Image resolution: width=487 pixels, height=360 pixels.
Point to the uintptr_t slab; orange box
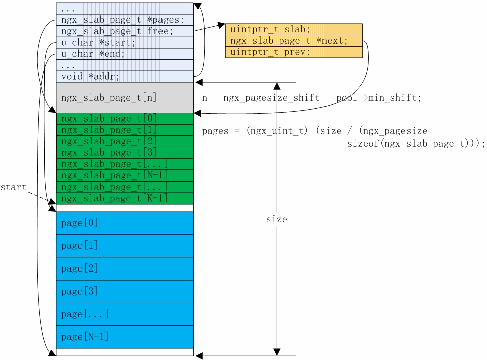tap(294, 29)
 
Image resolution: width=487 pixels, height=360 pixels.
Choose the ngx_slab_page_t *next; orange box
tap(294, 41)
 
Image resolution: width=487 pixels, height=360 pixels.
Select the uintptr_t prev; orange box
tap(294, 52)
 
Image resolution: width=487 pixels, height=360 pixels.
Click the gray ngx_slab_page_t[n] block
tap(124, 98)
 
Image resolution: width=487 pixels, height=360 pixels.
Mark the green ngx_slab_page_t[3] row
tap(124, 153)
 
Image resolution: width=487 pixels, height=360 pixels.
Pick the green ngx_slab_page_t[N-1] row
tap(124, 175)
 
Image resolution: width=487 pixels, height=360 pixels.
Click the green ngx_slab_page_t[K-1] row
tap(124, 199)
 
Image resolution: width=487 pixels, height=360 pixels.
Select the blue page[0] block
tap(124, 223)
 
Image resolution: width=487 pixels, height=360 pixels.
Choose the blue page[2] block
tap(124, 268)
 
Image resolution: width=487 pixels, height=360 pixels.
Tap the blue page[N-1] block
tap(124, 337)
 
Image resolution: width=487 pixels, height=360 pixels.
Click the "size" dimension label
tap(277, 219)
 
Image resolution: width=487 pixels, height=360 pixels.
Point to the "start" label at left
tap(13, 187)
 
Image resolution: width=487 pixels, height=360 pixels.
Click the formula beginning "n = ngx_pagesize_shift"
tap(311, 98)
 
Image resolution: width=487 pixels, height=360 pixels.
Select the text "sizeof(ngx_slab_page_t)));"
tap(411, 144)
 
